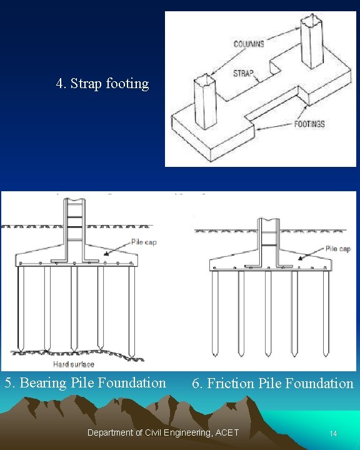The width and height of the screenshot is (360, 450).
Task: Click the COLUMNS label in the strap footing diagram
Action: (249, 44)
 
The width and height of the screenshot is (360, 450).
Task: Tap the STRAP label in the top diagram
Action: (243, 73)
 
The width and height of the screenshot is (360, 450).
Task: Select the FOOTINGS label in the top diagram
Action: (309, 124)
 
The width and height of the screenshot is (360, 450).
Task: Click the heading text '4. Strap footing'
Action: (102, 83)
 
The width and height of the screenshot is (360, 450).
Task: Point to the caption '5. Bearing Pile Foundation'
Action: (86, 382)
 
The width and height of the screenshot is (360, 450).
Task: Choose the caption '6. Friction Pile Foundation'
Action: (272, 383)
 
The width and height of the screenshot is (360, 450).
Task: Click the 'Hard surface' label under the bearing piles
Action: (74, 364)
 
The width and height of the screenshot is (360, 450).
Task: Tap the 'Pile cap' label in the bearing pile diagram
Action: (143, 242)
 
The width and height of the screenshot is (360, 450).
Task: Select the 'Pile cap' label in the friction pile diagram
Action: (337, 249)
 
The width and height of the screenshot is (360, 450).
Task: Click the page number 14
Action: (333, 433)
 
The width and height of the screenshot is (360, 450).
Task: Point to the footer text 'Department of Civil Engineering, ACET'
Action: (163, 432)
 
